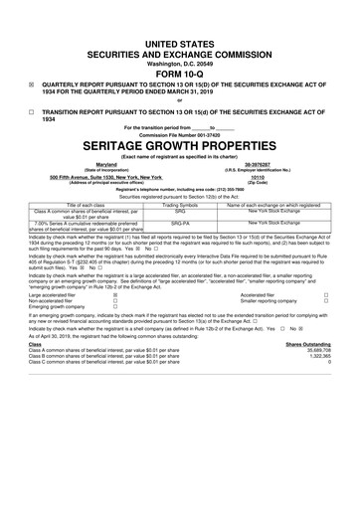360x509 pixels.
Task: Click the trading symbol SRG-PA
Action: (x=179, y=253)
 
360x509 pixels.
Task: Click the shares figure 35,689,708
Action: (x=333, y=461)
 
